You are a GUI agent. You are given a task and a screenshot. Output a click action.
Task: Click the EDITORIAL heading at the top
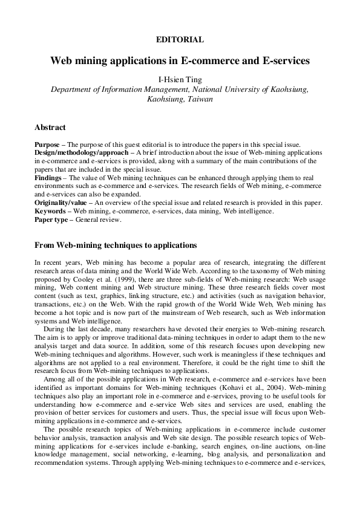tap(180, 39)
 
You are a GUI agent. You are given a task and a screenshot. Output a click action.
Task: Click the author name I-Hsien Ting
tap(180, 79)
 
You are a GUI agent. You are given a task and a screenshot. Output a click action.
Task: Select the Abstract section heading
tap(50, 128)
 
